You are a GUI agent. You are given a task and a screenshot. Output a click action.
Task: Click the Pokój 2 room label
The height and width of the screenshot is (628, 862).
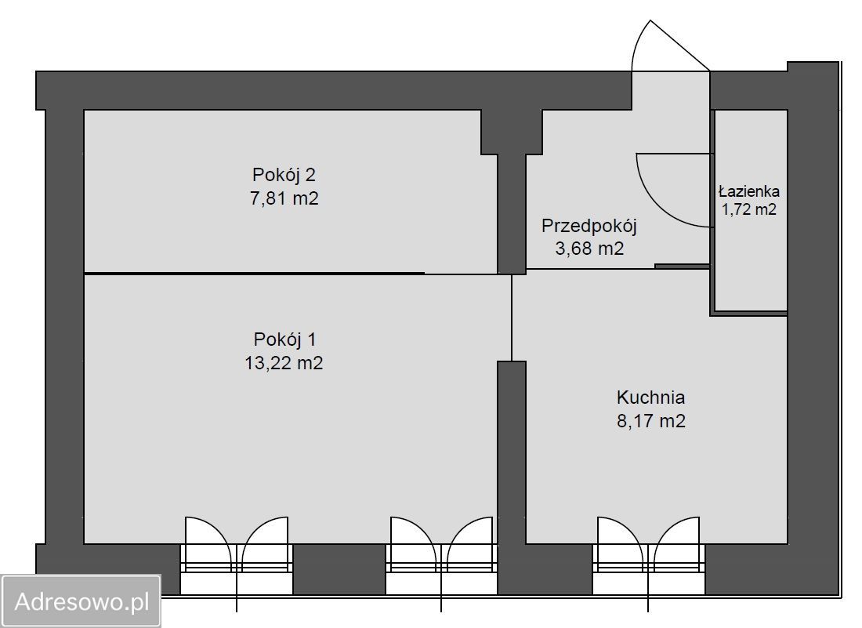[284, 174]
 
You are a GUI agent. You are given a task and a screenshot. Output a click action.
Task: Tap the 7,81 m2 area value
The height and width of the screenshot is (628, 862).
[284, 198]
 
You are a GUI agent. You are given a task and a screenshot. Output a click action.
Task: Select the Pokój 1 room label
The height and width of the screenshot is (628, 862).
[284, 339]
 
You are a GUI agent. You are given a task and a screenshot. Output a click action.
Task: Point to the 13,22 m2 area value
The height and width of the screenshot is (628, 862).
[284, 363]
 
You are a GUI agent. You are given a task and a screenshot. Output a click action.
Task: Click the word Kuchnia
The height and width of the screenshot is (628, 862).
[650, 397]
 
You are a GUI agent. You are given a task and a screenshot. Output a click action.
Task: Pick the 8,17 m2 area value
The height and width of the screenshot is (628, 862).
[650, 421]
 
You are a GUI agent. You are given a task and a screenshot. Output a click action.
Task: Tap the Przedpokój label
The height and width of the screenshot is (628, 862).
[589, 227]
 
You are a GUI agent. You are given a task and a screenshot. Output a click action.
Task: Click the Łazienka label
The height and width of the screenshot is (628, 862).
[749, 191]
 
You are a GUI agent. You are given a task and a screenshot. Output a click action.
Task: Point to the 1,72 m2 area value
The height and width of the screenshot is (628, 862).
[749, 209]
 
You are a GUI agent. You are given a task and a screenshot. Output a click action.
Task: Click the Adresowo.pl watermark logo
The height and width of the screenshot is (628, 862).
[81, 601]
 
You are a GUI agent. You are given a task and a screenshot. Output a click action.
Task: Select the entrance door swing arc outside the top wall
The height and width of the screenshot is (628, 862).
[666, 43]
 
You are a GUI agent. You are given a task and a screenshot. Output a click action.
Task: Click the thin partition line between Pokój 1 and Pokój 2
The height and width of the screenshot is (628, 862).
[255, 273]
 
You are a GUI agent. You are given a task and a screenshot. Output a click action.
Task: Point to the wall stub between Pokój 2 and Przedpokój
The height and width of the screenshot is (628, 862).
[512, 212]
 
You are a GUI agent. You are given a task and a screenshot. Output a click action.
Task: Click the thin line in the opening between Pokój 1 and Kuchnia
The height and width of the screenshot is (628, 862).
[512, 318]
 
